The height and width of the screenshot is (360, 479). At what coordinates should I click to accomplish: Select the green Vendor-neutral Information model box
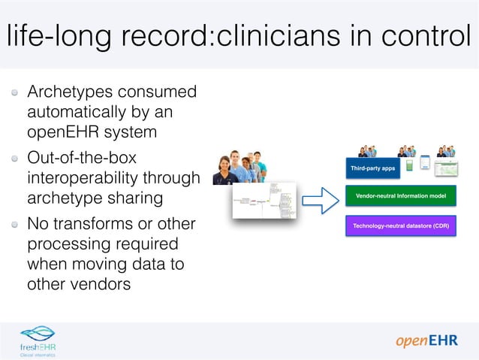click(401, 197)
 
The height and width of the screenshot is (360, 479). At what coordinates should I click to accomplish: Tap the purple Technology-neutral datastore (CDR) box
click(401, 225)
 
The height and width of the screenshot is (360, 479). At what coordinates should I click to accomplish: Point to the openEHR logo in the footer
click(426, 342)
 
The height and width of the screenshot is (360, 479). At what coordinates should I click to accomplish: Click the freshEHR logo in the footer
click(38, 340)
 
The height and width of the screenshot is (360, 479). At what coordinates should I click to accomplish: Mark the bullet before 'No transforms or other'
click(16, 225)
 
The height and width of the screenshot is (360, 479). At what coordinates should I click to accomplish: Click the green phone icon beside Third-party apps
click(409, 165)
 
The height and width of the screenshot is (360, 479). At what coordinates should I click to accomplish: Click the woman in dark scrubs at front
click(224, 171)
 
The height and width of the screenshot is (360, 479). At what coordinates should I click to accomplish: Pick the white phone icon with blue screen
click(425, 163)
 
